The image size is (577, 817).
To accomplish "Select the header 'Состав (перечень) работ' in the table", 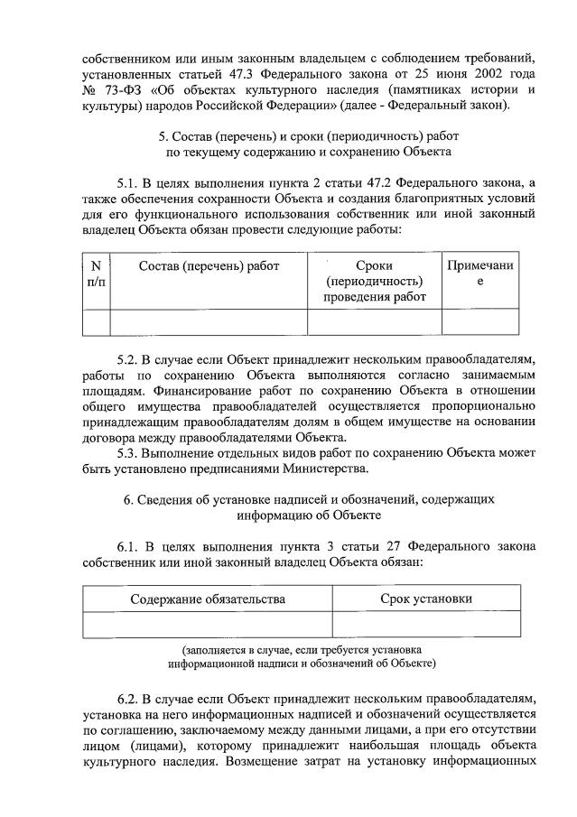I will [209, 265].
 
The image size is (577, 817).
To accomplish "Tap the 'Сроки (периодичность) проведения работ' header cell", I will [374, 282].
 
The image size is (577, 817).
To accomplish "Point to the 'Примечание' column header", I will [479, 274].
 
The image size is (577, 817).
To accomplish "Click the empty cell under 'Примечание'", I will [479, 322].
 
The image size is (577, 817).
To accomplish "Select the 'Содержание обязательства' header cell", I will [207, 599].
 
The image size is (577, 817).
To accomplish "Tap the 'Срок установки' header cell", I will [425, 599].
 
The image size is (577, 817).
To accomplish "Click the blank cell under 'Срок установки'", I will [425, 625].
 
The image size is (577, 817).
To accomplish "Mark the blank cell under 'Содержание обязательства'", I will [207, 625].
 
